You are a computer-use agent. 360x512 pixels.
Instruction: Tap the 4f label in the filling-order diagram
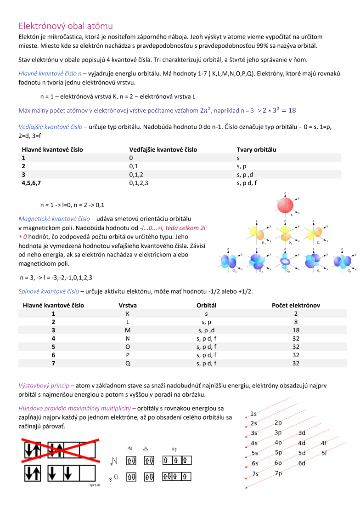point(324,443)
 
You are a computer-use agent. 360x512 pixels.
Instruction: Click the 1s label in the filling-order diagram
point(253,414)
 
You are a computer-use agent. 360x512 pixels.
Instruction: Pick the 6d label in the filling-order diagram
point(302,463)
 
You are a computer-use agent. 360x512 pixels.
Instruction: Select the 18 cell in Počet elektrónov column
point(296,330)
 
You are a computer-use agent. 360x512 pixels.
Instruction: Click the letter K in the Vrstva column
point(128,313)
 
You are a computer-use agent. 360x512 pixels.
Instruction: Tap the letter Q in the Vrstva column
point(128,363)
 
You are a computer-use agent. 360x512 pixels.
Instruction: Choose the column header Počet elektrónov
point(296,305)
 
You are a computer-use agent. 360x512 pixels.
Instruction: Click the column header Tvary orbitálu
point(256,149)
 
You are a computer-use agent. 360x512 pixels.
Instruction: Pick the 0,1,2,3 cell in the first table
point(139,182)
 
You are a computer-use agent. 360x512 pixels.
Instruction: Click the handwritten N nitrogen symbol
point(114,461)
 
